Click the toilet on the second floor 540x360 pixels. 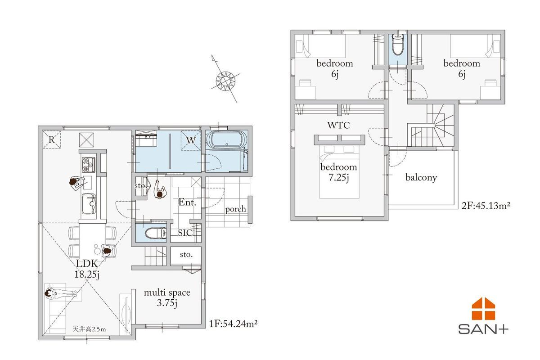point(397,45)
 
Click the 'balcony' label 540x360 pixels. point(421,177)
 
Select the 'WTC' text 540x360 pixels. point(338,125)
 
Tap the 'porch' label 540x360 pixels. point(235,209)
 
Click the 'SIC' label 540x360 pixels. point(185,233)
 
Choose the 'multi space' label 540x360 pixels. point(167,292)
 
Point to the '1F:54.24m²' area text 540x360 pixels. point(233,324)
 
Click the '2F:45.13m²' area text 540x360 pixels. point(486,206)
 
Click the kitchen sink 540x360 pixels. point(89,204)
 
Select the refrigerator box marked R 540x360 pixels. point(52,139)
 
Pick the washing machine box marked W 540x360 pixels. point(191,140)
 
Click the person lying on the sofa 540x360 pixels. point(61,293)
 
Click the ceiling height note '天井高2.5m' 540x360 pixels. point(89,329)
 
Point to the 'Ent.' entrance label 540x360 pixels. point(187,202)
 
